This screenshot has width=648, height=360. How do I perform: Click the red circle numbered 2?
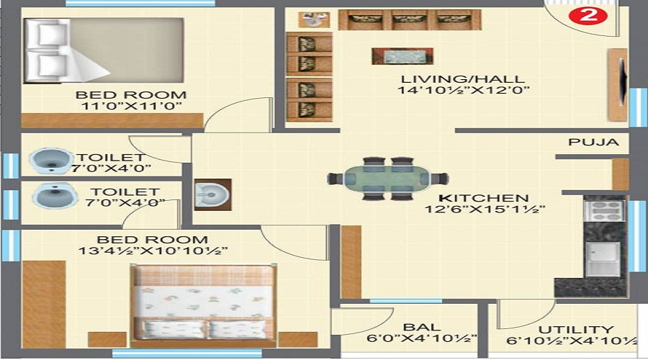tap(588, 15)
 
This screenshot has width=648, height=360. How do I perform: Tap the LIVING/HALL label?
tap(463, 78)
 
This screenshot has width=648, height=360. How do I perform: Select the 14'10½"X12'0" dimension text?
tap(463, 91)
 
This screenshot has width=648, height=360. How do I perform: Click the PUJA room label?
tap(593, 142)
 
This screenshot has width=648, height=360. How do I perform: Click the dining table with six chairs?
tap(387, 178)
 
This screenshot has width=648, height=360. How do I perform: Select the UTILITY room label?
tap(580, 329)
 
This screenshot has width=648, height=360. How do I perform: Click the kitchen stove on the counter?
tap(603, 210)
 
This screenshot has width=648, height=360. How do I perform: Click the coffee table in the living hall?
tap(402, 56)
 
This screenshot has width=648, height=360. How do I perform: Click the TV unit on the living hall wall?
tap(617, 85)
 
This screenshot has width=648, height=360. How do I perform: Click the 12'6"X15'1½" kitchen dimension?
tap(484, 210)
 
